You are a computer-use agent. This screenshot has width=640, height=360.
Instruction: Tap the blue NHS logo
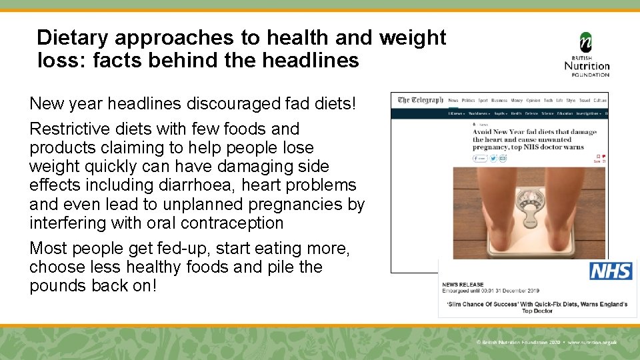point(611,271)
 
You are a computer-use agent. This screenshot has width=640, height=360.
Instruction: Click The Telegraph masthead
point(420,101)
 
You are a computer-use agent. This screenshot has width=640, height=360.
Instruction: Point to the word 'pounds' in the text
point(61,285)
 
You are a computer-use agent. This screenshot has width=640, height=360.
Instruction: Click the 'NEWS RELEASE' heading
point(463,285)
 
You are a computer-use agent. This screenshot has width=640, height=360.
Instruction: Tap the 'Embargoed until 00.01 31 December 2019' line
point(491,291)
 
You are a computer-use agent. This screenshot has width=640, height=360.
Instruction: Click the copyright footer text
point(546,342)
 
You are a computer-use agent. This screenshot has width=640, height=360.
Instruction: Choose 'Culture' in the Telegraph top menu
point(600,101)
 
